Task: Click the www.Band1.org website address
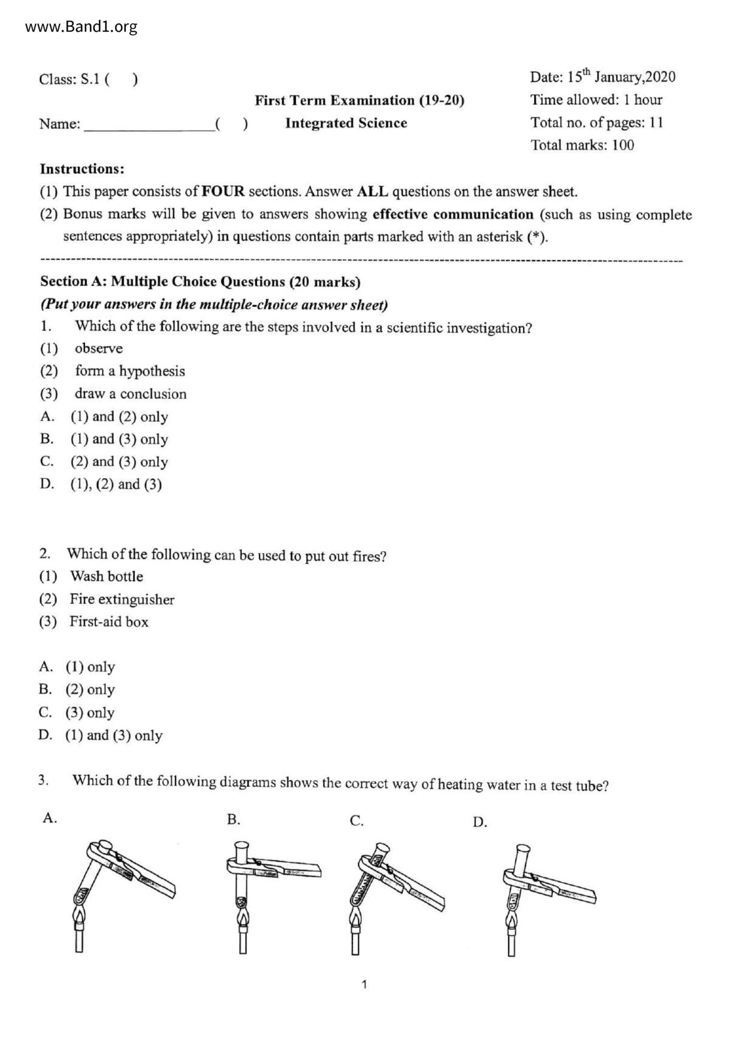(x=81, y=27)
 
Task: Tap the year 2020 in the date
(x=660, y=77)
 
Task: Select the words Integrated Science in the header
(x=346, y=123)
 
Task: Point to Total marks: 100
(x=582, y=145)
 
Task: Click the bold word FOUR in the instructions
(x=223, y=192)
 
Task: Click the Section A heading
(x=200, y=282)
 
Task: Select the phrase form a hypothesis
(x=129, y=372)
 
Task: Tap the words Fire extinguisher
(x=122, y=599)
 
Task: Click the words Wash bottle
(x=107, y=576)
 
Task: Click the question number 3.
(x=43, y=780)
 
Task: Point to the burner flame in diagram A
(x=78, y=916)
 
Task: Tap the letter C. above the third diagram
(x=357, y=821)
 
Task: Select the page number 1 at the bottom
(x=364, y=984)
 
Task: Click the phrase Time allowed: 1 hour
(x=596, y=100)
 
